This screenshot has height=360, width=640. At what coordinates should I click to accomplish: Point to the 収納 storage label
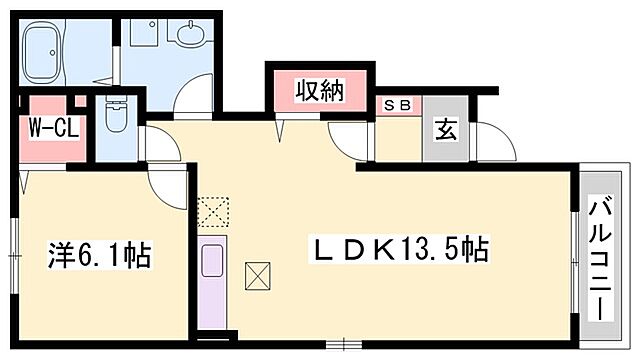point(319,91)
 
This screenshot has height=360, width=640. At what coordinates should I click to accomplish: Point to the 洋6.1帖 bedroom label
point(100,256)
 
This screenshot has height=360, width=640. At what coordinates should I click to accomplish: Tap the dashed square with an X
point(213,211)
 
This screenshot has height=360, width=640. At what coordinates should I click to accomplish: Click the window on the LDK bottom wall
point(344,343)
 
